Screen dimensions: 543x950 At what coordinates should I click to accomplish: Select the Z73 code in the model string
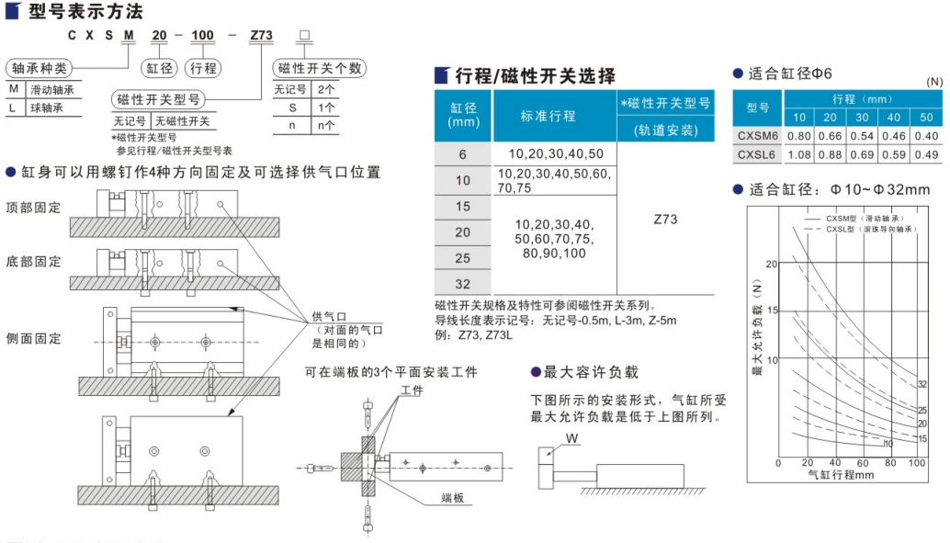pos(261,36)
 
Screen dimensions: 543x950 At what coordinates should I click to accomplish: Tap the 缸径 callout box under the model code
pos(157,68)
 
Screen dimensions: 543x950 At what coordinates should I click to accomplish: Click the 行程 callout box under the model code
pos(202,68)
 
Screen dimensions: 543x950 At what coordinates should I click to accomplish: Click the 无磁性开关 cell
pos(182,120)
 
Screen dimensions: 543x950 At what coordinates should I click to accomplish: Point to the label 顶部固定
pos(33,207)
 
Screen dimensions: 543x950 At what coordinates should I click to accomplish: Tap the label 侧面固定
pos(33,339)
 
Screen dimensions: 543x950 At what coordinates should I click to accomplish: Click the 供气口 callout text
pos(328,315)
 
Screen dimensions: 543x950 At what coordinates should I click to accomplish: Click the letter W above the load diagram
pos(571,438)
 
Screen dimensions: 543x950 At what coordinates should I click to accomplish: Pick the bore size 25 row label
pos(462,258)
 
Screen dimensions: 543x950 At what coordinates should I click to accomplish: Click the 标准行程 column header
pos(548,116)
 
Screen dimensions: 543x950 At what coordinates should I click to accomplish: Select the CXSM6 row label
pos(757,136)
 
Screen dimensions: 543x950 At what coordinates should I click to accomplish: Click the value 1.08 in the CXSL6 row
pos(799,154)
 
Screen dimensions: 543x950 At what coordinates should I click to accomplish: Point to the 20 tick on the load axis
pos(771,264)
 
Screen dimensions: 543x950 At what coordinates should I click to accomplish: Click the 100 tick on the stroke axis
pos(917,462)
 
